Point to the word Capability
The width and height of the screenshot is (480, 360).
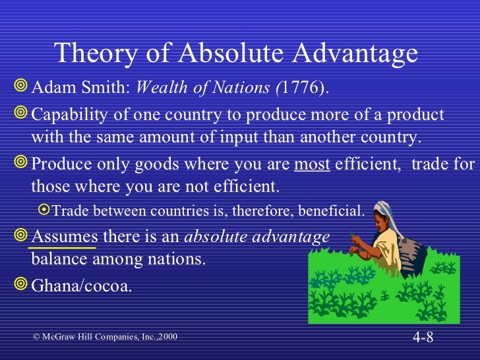(68, 115)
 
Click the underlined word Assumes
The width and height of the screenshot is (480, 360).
(65, 236)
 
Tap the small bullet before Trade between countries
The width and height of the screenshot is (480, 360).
(44, 211)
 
